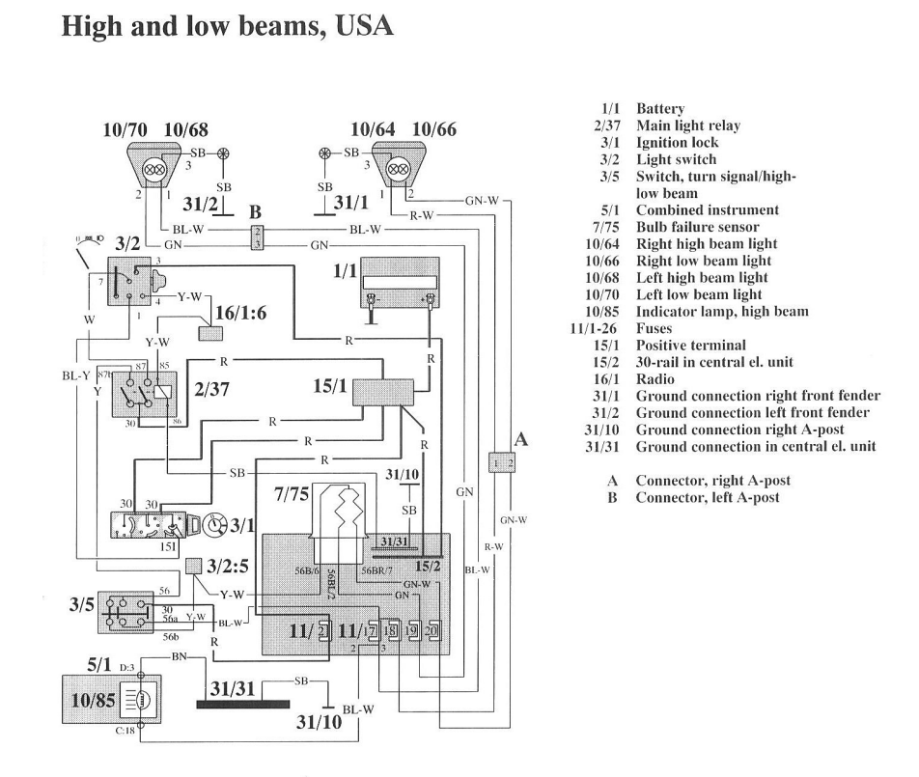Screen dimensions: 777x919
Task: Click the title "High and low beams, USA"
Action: [228, 25]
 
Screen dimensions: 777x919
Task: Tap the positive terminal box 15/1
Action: [383, 392]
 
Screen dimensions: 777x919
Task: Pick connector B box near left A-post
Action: [256, 237]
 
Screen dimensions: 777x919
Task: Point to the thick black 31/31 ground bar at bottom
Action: [246, 704]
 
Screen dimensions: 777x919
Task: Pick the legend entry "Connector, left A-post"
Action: [708, 497]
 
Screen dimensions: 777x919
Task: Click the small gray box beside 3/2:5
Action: [194, 566]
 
